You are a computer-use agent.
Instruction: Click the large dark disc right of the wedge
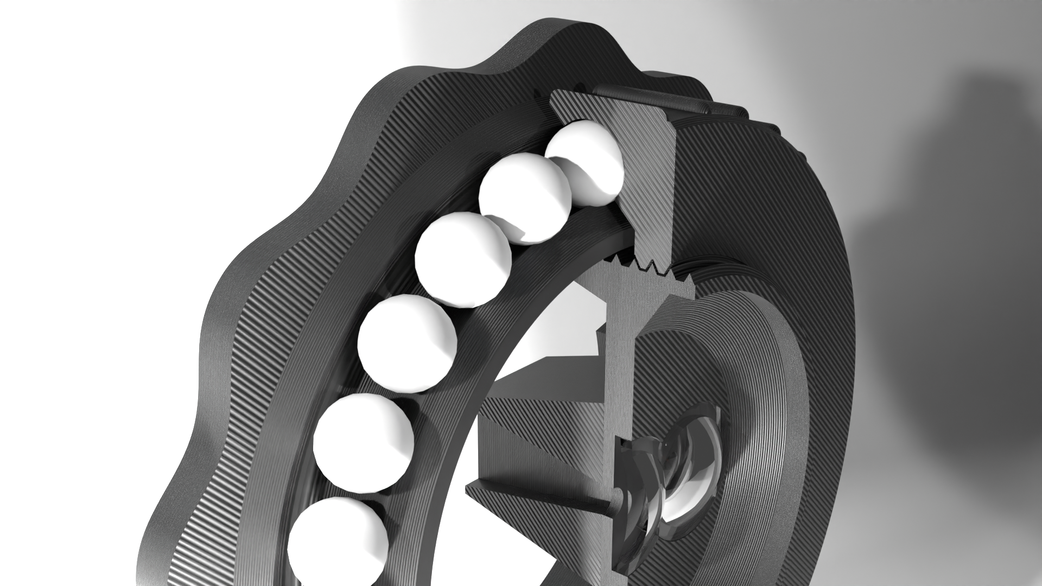point(760,217)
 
